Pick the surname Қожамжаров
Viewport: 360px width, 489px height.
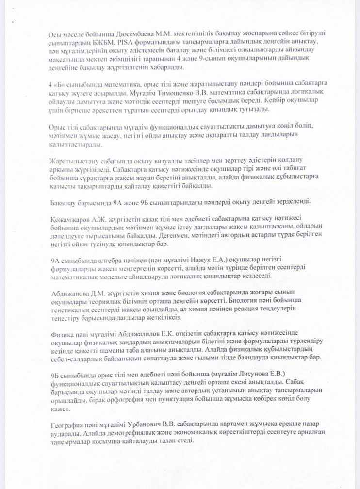[x=70, y=218]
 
